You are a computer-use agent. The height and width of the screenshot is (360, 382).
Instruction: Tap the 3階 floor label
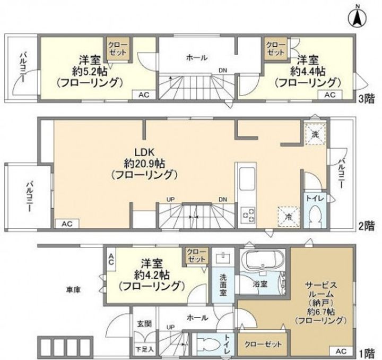pyautogui.click(x=367, y=99)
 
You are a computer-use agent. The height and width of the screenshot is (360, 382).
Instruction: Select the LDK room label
pyautogui.click(x=145, y=152)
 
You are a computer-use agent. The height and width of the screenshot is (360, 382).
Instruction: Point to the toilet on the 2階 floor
pyautogui.click(x=315, y=216)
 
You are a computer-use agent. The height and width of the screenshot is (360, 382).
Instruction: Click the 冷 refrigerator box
pyautogui.click(x=289, y=217)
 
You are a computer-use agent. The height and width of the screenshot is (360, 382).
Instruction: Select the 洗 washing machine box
pyautogui.click(x=316, y=134)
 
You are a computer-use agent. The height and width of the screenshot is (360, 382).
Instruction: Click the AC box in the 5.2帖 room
pyautogui.click(x=144, y=95)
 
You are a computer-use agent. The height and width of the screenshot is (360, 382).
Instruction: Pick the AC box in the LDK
pyautogui.click(x=67, y=224)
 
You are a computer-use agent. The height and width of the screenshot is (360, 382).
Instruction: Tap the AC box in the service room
pyautogui.click(x=341, y=351)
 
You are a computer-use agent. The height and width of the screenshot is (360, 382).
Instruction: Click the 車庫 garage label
pyautogui.click(x=73, y=289)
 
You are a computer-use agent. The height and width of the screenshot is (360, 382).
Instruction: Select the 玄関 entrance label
pyautogui.click(x=144, y=323)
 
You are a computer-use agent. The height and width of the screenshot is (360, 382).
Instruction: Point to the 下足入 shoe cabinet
pyautogui.click(x=144, y=349)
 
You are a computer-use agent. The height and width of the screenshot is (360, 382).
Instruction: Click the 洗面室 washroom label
pyautogui.click(x=223, y=285)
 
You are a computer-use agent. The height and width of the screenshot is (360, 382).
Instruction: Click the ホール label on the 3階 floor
pyautogui.click(x=197, y=58)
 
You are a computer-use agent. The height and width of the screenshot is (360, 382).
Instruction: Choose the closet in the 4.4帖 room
pyautogui.click(x=276, y=49)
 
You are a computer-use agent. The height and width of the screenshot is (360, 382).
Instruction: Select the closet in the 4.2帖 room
pyautogui.click(x=197, y=256)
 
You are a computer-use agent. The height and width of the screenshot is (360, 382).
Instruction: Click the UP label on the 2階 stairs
pyautogui.click(x=171, y=200)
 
